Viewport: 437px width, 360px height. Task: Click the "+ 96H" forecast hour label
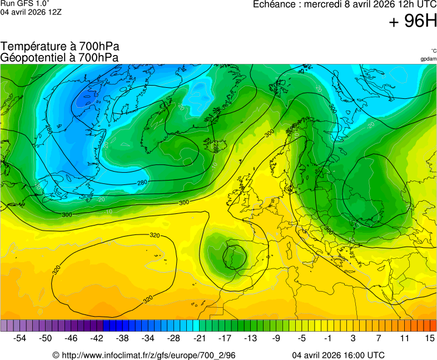pos(413,21)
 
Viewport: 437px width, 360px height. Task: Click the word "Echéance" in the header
pos(274,4)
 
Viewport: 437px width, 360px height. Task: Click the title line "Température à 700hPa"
pos(60,47)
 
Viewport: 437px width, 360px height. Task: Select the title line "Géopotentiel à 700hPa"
pos(59,57)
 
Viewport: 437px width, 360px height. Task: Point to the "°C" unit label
pos(433,51)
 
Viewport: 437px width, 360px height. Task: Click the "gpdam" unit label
pos(428,59)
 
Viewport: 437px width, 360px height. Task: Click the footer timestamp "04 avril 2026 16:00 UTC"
pos(338,355)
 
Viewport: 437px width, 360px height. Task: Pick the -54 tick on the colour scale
pos(20,338)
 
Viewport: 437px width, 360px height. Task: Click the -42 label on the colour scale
pos(97,338)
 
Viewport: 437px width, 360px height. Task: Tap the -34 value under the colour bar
pos(148,338)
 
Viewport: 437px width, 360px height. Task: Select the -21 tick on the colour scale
pos(199,338)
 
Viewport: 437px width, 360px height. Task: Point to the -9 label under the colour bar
pos(276,338)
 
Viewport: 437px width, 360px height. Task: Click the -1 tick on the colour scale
pos(327,338)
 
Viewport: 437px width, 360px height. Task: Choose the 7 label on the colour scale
pos(379,338)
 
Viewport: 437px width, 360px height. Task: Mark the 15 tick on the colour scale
pos(429,338)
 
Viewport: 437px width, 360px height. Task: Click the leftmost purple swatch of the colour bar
pos(4,326)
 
